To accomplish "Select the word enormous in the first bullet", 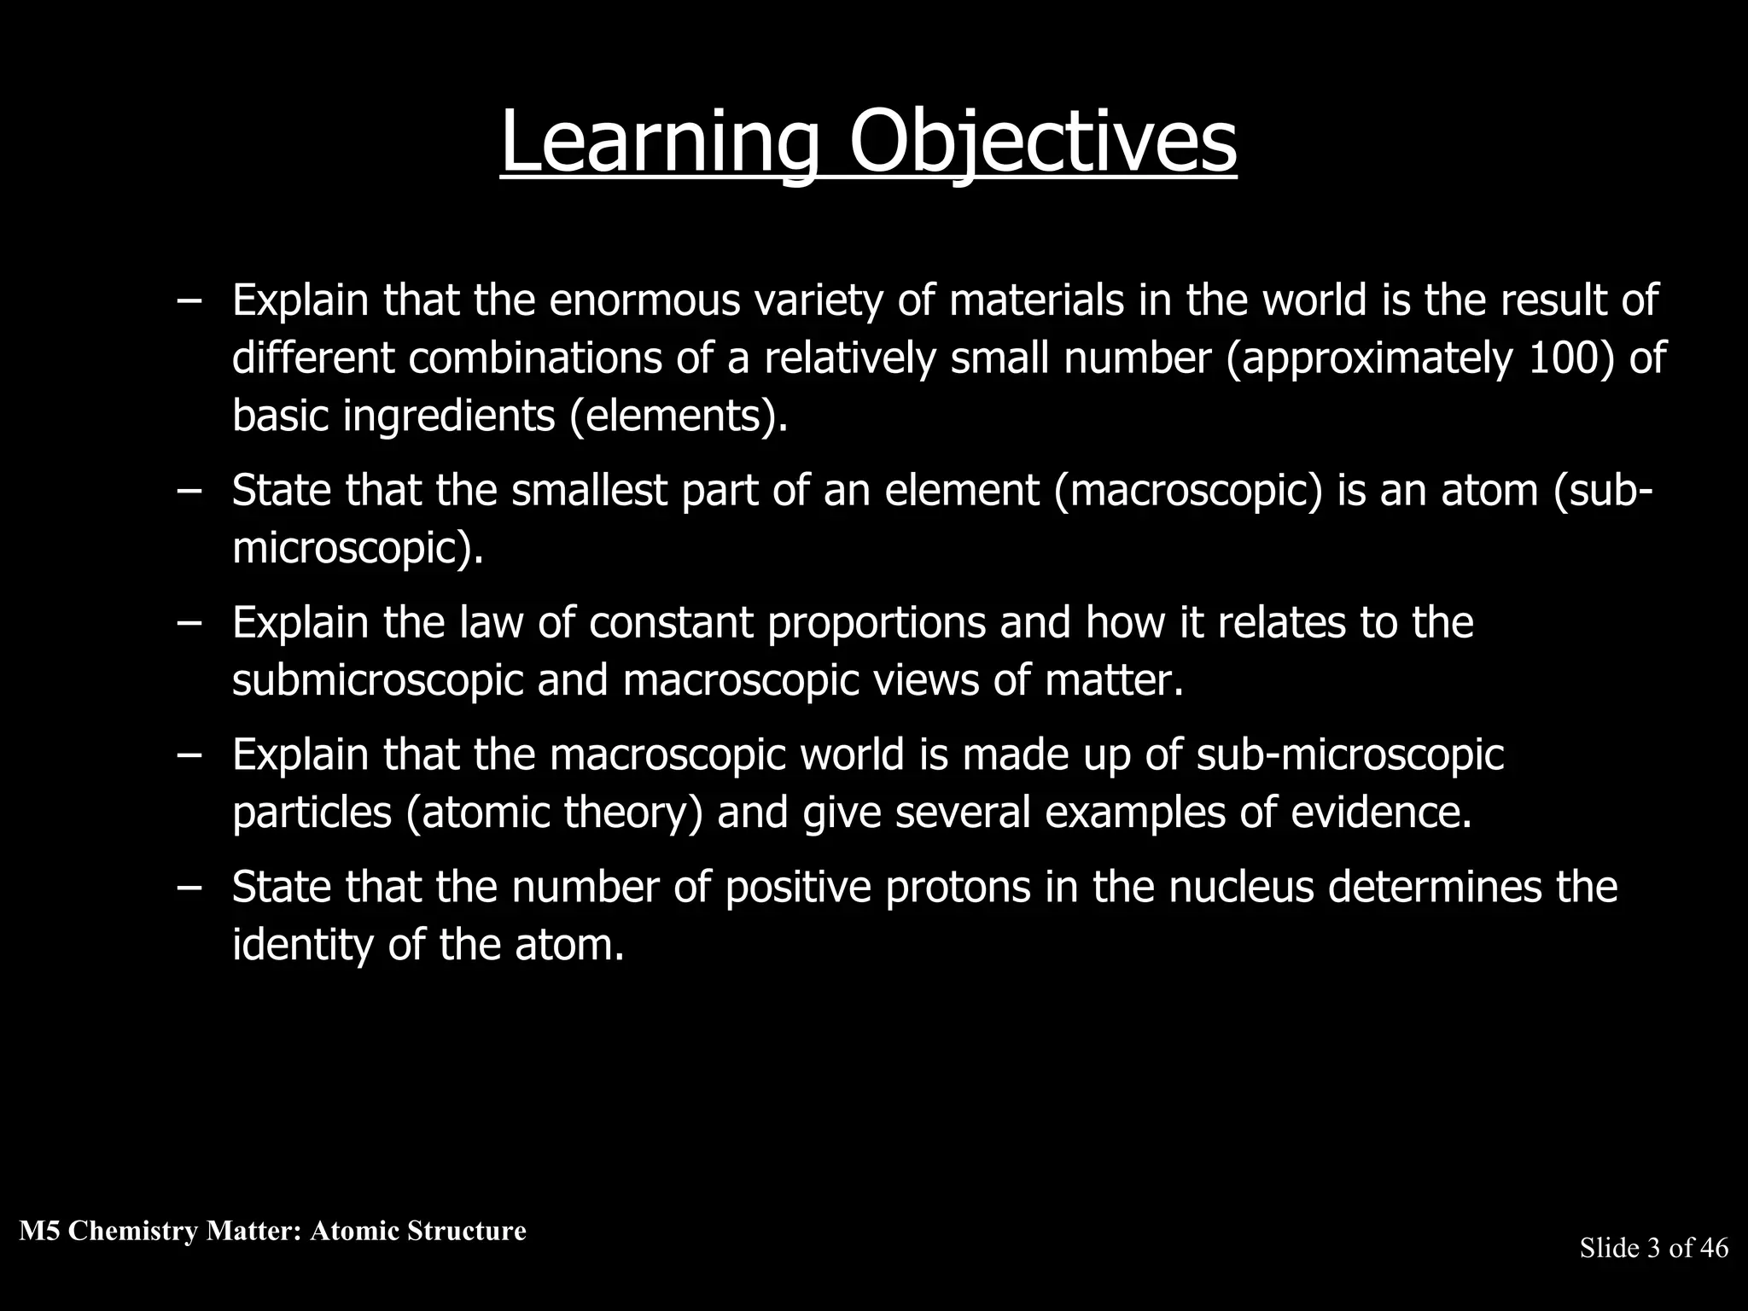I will (644, 300).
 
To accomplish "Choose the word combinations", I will (535, 358).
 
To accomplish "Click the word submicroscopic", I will (377, 680).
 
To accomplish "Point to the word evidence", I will (1381, 812).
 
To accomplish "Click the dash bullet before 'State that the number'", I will (189, 887).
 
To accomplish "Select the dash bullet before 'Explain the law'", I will (189, 622).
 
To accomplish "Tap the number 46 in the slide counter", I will (1714, 1248).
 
